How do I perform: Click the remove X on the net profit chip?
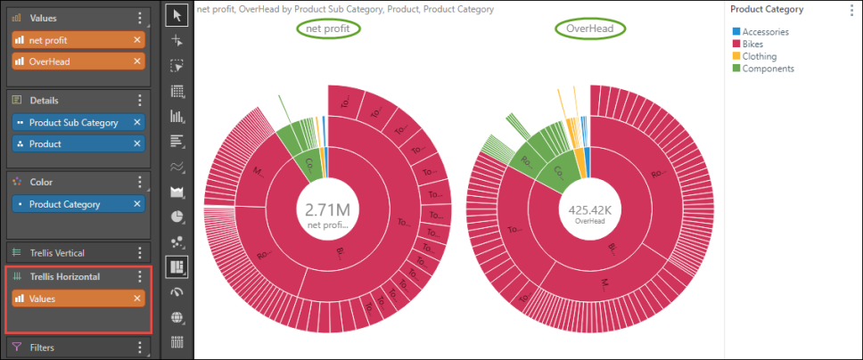point(137,40)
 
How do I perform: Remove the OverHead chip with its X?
point(137,61)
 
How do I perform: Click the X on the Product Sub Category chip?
point(137,122)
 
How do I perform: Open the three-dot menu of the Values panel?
point(139,18)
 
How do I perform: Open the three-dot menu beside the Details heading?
point(139,101)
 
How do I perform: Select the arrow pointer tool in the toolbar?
point(177,14)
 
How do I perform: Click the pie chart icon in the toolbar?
point(177,216)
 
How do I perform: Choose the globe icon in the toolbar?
point(177,316)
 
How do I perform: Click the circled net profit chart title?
point(329,29)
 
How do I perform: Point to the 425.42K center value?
point(589,210)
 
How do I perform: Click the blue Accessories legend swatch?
point(736,32)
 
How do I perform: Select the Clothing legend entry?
point(760,56)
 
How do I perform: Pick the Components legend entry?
point(768,69)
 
